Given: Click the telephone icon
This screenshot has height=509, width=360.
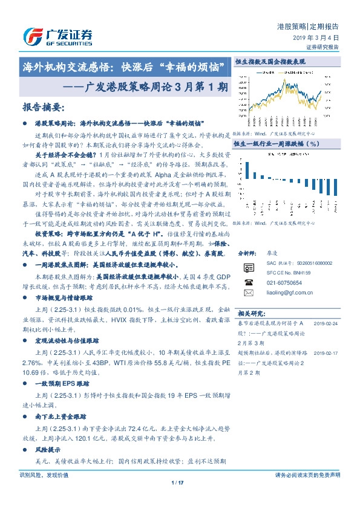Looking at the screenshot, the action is tap(247, 282).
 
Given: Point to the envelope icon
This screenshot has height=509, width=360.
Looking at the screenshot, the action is tap(247, 293).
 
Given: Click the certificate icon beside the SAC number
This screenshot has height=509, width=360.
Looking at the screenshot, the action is tap(247, 266).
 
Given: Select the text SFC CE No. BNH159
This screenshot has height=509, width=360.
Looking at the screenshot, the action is tap(287, 273).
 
